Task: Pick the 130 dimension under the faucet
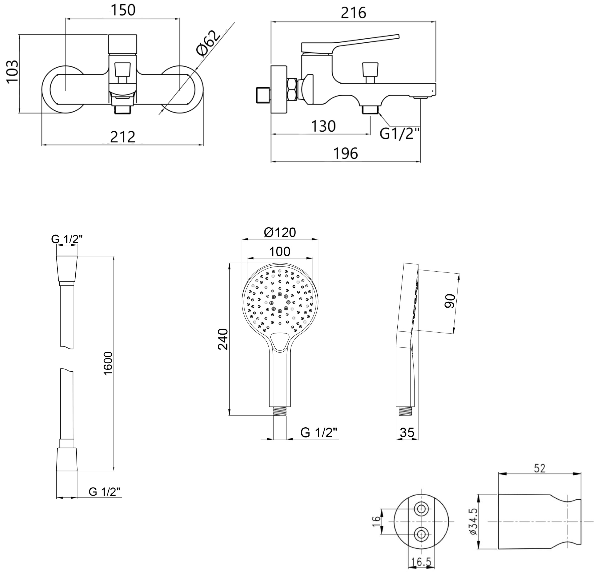(x=323, y=126)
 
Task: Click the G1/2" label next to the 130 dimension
(x=399, y=133)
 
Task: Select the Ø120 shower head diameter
(x=280, y=232)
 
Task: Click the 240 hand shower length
(x=223, y=339)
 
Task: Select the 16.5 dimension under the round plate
(x=421, y=562)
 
